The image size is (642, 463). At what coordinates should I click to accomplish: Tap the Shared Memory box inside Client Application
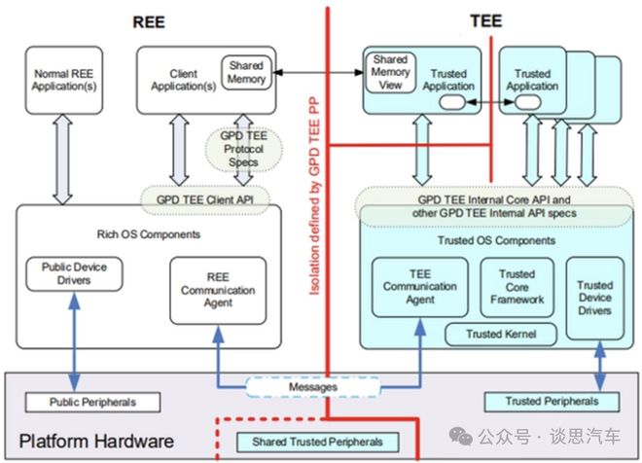click(x=246, y=73)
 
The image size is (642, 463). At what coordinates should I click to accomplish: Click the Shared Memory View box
click(x=390, y=72)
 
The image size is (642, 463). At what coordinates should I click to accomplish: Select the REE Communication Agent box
click(x=217, y=289)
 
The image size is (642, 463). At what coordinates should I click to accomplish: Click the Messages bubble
click(x=312, y=386)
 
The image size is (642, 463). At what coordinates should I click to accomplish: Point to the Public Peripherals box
click(x=81, y=401)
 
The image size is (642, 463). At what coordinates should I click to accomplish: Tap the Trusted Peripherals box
click(x=551, y=401)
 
